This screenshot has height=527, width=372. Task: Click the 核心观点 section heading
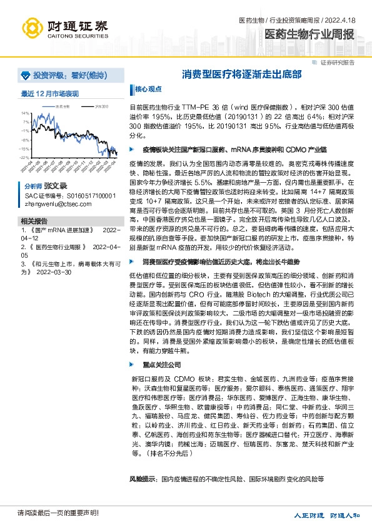point(148,89)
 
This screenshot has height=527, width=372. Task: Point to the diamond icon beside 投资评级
point(26,74)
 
